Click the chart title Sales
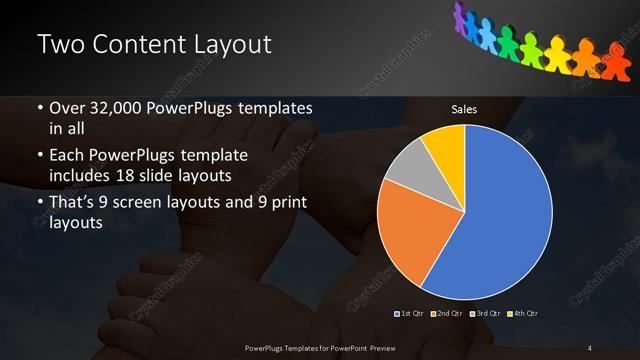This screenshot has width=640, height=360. tap(464, 109)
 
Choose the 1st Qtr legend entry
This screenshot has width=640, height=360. tap(412, 314)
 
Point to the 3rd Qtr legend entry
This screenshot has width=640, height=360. tap(487, 314)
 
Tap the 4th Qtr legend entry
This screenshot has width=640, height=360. tap(524, 314)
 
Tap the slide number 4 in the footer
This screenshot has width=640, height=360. tap(589, 347)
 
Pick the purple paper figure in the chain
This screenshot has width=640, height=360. tap(462, 14)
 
